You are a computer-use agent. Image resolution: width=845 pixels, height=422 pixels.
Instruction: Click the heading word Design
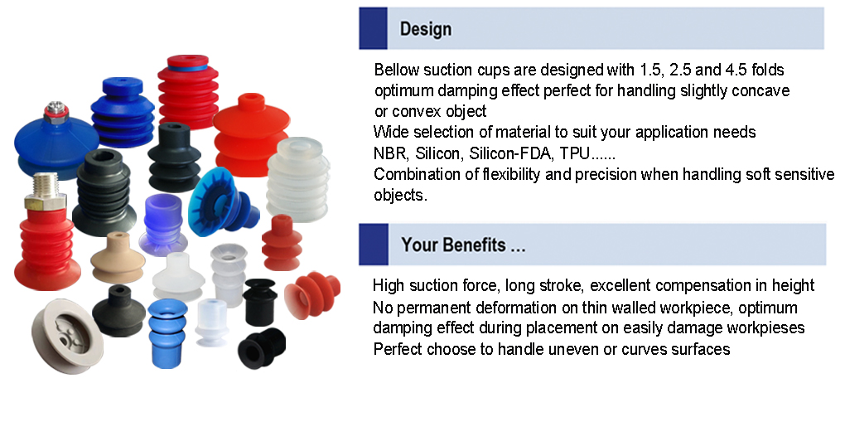click(x=425, y=29)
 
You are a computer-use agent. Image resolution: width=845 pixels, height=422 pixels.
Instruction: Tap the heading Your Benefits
click(x=463, y=245)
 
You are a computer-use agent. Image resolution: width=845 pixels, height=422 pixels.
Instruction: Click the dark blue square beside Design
click(x=373, y=28)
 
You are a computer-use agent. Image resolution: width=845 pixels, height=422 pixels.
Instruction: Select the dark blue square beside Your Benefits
click(x=374, y=245)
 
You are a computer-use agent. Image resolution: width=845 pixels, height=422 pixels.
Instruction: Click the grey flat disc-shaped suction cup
click(x=67, y=335)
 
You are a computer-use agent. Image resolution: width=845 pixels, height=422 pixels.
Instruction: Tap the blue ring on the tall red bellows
click(x=187, y=68)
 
